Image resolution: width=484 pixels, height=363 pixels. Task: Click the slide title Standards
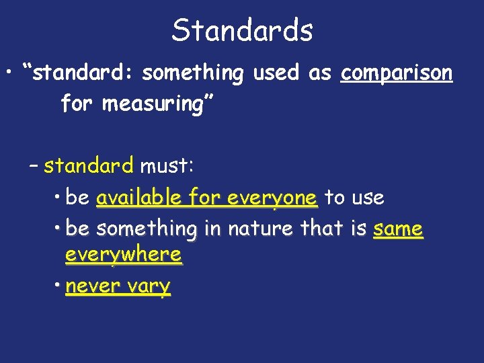pos(242,30)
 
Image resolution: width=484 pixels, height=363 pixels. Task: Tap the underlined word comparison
pos(397,73)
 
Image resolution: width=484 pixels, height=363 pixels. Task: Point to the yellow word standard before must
pos(89,165)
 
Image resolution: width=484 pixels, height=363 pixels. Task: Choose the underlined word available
pos(138,198)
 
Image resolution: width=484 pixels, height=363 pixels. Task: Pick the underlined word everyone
pos(272,198)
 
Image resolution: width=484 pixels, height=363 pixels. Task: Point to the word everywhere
pos(124,255)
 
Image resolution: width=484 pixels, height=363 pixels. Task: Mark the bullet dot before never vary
pos(58,286)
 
